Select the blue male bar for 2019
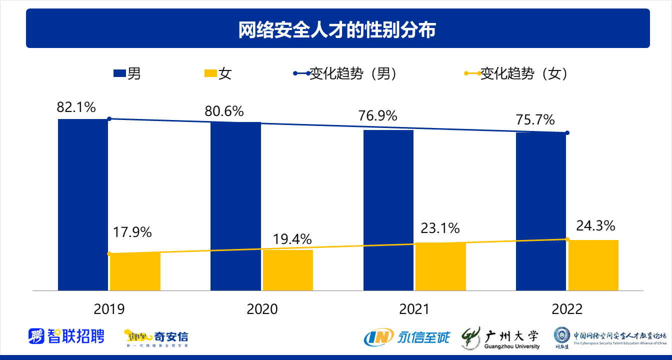tap(83, 204)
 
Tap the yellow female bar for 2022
tap(593, 265)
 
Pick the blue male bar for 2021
tap(388, 210)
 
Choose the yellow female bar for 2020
tap(287, 270)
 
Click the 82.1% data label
tap(76, 107)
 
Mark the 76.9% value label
tap(377, 115)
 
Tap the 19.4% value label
tap(292, 238)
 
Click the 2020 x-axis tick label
tap(262, 309)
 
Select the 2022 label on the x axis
tap(567, 309)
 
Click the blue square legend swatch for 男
tap(119, 73)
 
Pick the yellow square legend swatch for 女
tap(210, 73)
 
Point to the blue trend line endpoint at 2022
tap(567, 133)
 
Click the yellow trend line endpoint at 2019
tap(109, 253)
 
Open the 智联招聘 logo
tap(66, 336)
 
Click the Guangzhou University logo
tap(500, 338)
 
